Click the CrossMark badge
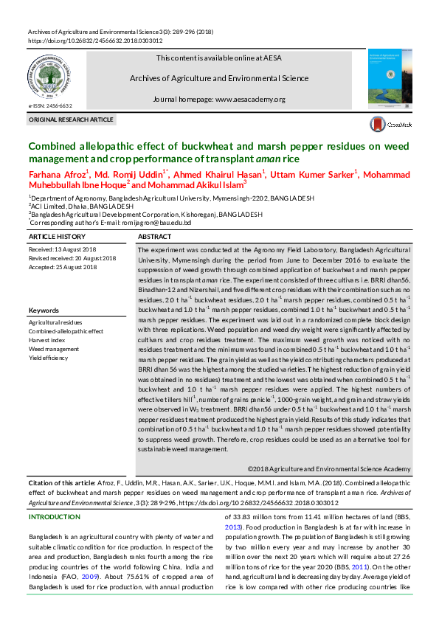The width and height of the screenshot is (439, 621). [x=390, y=125]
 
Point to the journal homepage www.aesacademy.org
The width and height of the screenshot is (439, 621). [x=219, y=99]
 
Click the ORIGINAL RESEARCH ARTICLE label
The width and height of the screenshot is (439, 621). [x=71, y=119]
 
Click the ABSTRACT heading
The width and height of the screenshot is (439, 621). [x=156, y=237]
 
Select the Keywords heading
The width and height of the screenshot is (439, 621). [x=44, y=310]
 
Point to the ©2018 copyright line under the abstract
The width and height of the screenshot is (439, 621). [x=328, y=468]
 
